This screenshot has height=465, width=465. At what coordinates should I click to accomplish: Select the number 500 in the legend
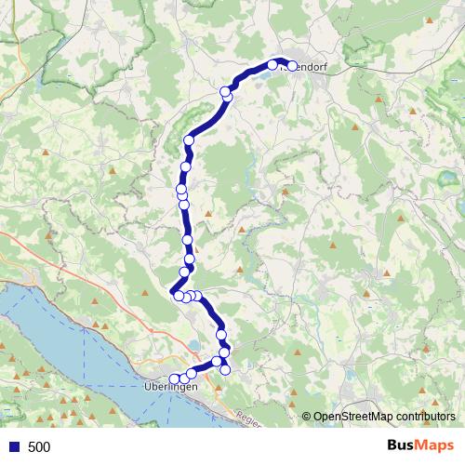tap(39, 447)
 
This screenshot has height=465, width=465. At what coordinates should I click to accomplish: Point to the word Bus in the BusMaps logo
tap(403, 446)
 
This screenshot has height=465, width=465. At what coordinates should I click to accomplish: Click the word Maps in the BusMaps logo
tap(436, 446)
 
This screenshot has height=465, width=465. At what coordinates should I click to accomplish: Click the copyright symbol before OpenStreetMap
tap(307, 418)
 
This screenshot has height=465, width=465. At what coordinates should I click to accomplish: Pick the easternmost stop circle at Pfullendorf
tap(292, 66)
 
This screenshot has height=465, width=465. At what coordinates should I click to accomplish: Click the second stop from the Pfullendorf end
tap(273, 65)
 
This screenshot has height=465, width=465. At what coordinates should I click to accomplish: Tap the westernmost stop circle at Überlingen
tap(173, 379)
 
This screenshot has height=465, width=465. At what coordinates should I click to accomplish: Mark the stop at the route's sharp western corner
tap(178, 296)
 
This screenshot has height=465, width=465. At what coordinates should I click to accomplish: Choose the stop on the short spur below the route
tap(224, 371)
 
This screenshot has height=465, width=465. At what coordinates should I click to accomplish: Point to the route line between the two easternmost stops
tap(283, 63)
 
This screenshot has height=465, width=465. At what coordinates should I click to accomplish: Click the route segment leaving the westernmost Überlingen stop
tap(183, 377)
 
